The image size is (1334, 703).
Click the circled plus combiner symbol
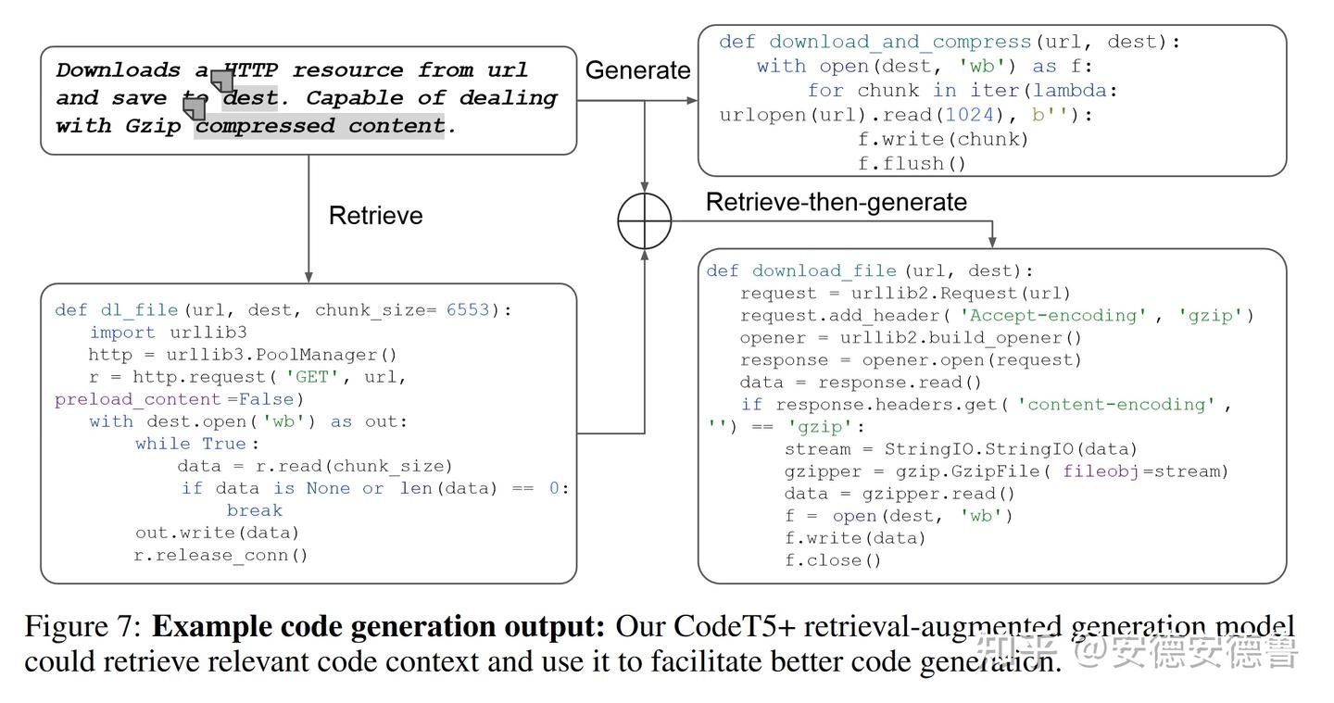pos(645,221)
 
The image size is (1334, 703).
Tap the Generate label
pos(637,70)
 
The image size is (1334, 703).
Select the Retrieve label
pos(375,216)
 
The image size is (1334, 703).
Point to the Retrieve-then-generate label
pos(836,203)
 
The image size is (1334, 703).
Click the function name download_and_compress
pos(900,43)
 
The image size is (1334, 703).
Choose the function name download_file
pos(824,271)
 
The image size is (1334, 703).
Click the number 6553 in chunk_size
pos(467,310)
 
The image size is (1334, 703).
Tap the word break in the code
pos(254,510)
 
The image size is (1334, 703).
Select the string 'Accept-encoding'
pos(1052,316)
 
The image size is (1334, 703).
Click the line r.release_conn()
pos(220,556)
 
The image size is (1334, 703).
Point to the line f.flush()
pos(912,164)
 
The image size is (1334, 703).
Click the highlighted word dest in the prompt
pos(249,98)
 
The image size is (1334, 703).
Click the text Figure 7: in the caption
pos(83,627)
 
